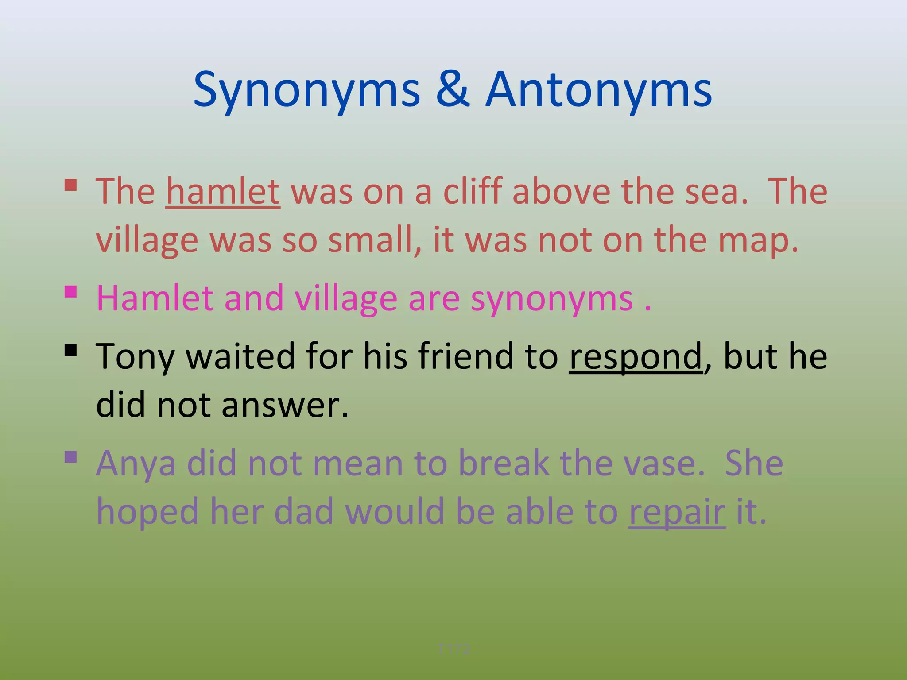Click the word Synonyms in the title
306,91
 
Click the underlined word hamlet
223,192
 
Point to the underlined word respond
636,356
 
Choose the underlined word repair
677,511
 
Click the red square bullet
71,185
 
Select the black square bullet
71,351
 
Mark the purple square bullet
71,456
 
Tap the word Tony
135,356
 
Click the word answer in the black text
285,405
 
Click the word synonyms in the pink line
552,299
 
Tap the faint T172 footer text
453,649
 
